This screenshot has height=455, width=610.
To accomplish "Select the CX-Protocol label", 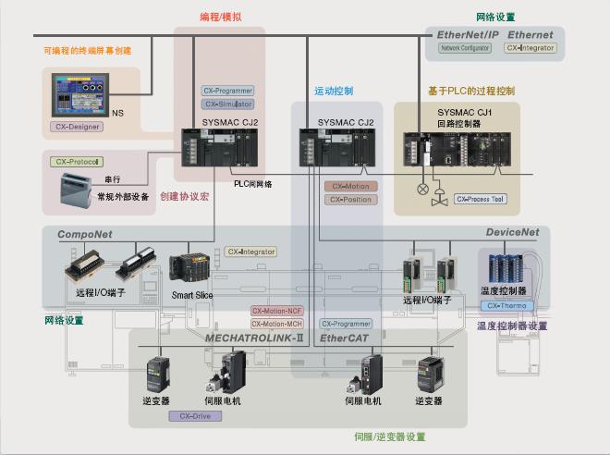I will pyautogui.click(x=76, y=161).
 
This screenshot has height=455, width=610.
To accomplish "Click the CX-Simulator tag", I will pyautogui.click(x=227, y=105).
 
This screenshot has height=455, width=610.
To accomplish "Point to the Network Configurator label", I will pyautogui.click(x=465, y=47).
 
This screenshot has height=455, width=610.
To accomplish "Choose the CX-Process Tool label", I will pyautogui.click(x=480, y=198).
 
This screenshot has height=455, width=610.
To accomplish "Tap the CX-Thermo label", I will pyautogui.click(x=506, y=305).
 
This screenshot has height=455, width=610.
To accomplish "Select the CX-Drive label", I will pyautogui.click(x=195, y=416).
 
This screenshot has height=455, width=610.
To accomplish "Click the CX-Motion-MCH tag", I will pyautogui.click(x=277, y=324).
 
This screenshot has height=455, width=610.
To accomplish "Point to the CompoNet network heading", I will pyautogui.click(x=85, y=235).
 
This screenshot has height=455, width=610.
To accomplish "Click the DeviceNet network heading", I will pyautogui.click(x=513, y=233).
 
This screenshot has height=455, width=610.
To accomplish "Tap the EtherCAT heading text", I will pyautogui.click(x=345, y=339).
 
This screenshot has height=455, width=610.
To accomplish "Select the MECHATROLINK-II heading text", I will pyautogui.click(x=255, y=339).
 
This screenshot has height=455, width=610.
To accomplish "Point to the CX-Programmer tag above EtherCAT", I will pyautogui.click(x=346, y=324).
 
